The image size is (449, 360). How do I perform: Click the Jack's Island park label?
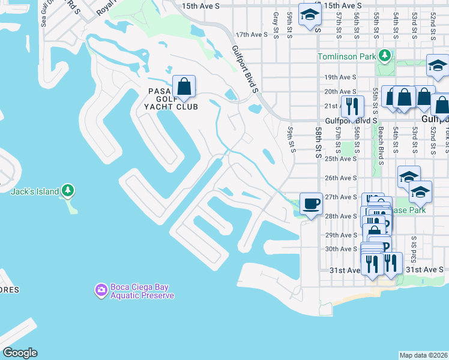[x=35, y=192]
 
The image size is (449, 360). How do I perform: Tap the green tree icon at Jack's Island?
[x=68, y=191]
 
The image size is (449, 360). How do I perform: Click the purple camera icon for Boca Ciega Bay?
[x=101, y=290]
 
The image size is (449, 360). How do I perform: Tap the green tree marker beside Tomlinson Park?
[x=384, y=57]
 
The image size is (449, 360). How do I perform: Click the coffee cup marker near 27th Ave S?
[x=310, y=203]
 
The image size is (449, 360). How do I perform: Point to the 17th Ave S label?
[x=252, y=35]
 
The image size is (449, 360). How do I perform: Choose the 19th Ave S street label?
[x=340, y=77]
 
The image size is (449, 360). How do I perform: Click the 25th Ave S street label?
[x=340, y=158]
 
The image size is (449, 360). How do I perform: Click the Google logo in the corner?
[x=20, y=353]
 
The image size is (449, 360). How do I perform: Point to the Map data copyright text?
[x=424, y=355]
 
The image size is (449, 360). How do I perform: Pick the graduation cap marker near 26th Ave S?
[x=409, y=176]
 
